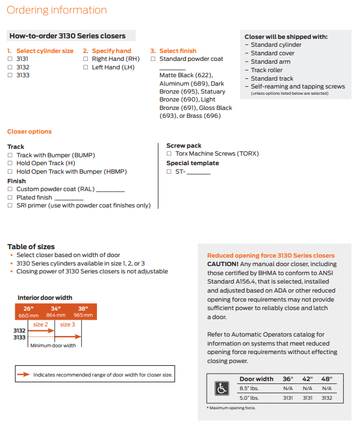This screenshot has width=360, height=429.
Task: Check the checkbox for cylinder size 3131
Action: [10, 59]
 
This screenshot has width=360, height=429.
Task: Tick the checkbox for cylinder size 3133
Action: [10, 75]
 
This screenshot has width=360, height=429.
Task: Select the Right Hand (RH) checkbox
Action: [86, 59]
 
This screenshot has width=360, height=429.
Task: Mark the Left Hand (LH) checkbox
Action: [86, 67]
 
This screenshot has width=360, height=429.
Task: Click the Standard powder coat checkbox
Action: [153, 59]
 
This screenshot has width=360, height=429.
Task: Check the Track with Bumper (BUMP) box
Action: [10, 155]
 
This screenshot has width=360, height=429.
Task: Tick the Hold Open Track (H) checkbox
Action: [10, 163]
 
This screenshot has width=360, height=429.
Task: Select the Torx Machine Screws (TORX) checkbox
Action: [170, 153]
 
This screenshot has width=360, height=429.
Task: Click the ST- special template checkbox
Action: [170, 171]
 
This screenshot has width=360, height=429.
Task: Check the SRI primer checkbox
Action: [10, 206]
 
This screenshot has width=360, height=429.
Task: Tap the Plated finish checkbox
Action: [10, 197]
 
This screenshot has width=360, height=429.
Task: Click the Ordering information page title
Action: [57, 10]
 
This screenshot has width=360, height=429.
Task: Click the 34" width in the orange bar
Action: [56, 308]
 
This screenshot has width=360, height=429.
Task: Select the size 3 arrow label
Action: [67, 324]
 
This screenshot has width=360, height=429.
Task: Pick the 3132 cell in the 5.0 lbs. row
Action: [327, 398]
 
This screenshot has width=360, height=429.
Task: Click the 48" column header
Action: [327, 379]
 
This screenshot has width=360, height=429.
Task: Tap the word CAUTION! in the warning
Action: [223, 264]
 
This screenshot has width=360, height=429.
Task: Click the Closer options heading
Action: [29, 131]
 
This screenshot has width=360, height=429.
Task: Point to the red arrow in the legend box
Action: [24, 374]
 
